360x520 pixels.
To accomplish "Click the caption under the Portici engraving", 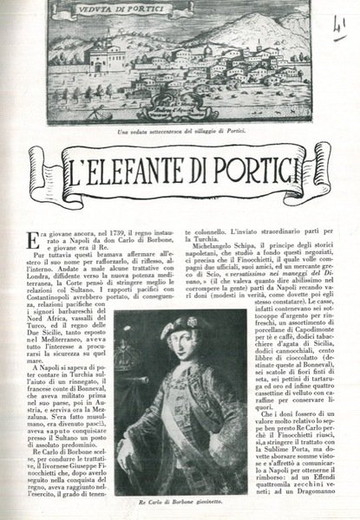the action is point(180,130).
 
